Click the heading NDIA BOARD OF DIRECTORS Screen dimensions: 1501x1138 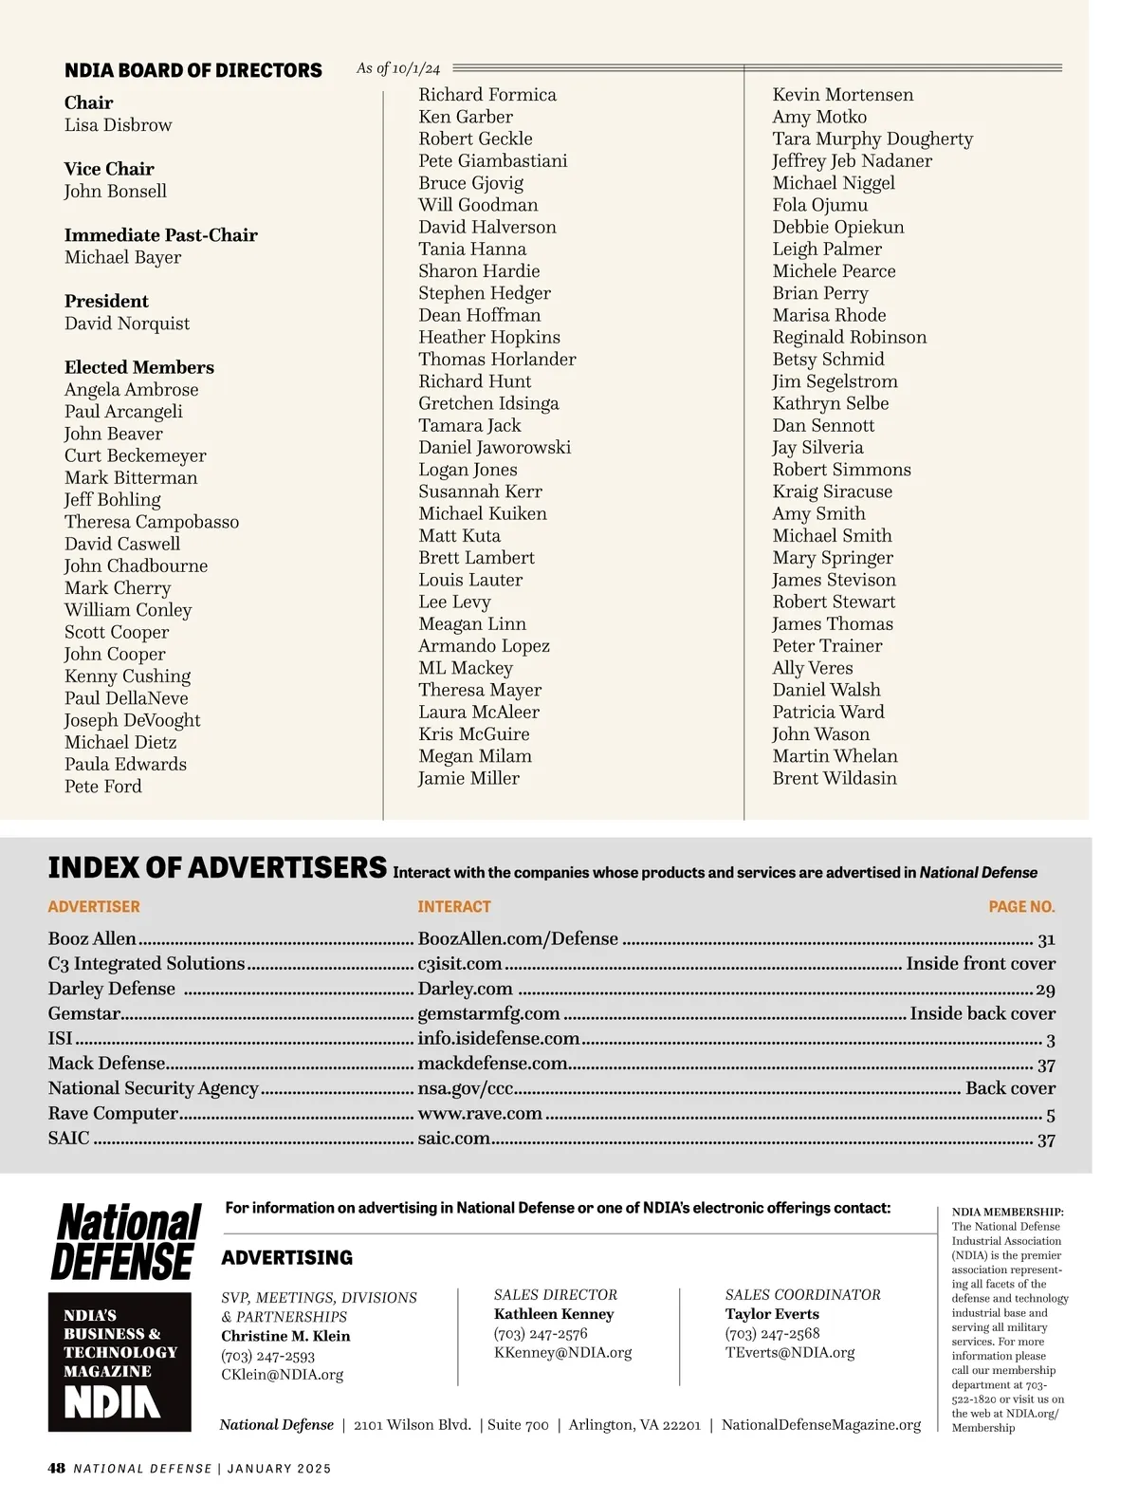(193, 70)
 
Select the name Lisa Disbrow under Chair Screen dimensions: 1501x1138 (118, 125)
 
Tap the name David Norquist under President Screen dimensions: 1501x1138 (127, 324)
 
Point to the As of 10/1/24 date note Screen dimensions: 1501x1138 (398, 68)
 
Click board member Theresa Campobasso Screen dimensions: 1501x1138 (152, 522)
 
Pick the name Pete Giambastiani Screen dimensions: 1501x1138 (493, 160)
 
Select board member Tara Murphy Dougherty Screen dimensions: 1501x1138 (872, 139)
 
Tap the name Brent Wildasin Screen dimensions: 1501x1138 (835, 778)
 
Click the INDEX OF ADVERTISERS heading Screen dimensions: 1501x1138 (217, 867)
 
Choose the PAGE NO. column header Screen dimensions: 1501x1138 (1021, 907)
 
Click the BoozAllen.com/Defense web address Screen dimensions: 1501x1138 (518, 939)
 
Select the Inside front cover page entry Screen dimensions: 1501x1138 (981, 964)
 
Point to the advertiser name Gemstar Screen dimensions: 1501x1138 (84, 1013)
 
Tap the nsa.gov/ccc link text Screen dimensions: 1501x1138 (466, 1088)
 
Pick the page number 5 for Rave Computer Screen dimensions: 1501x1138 (1050, 1115)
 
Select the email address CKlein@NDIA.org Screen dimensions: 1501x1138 (283, 1374)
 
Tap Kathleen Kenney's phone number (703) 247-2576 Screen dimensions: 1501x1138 (541, 1333)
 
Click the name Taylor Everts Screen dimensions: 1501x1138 (772, 1314)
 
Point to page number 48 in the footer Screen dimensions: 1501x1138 (57, 1469)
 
